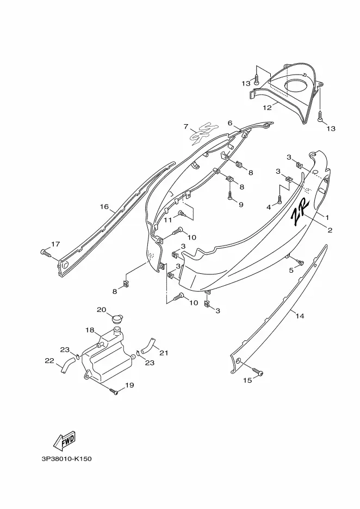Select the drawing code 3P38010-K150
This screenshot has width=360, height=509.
(66, 459)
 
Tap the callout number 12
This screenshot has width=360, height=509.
(267, 108)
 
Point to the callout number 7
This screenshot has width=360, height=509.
(186, 126)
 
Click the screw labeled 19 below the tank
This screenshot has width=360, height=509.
(114, 391)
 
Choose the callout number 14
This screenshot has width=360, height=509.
(300, 316)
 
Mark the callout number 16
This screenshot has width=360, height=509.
(104, 206)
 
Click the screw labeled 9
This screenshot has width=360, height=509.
(230, 196)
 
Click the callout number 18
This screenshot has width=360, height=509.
(90, 330)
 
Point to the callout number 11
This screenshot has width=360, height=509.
(167, 220)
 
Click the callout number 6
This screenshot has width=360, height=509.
(230, 122)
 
